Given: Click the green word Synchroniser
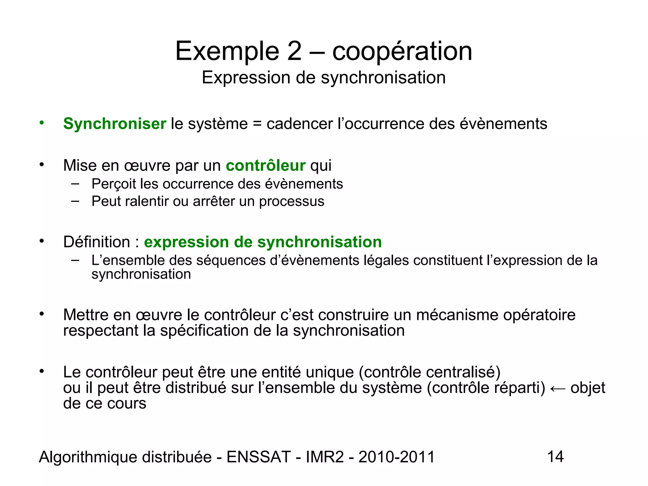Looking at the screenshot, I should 115,124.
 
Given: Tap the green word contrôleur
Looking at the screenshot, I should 265,165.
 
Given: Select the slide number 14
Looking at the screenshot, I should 555,457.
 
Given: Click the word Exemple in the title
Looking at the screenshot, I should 227,51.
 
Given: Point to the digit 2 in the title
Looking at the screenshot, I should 294,51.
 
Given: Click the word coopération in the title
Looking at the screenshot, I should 402,51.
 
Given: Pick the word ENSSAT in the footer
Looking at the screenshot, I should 259,457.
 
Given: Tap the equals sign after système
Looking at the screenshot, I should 257,124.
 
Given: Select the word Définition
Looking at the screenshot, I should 97,242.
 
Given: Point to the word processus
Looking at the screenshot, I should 291,202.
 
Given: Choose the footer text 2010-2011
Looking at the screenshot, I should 397,457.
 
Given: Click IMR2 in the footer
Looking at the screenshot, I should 325,457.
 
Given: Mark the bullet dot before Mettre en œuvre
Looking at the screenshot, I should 41,314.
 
